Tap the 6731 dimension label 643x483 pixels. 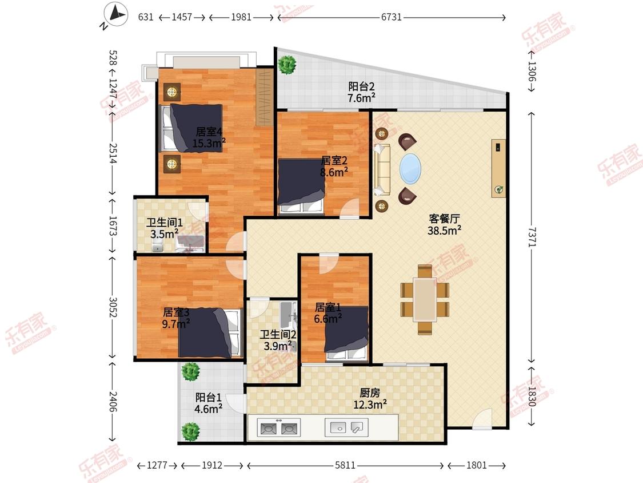click(391, 17)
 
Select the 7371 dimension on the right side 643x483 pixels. click(532, 237)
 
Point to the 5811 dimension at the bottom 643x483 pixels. click(345, 465)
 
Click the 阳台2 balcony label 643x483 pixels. click(361, 86)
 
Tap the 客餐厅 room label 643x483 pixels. click(444, 219)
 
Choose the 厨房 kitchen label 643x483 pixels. click(370, 393)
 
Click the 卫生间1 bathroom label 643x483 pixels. click(165, 223)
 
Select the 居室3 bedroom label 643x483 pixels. click(176, 312)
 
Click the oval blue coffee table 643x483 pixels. click(410, 168)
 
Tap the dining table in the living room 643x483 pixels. click(425, 299)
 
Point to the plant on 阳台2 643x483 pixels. click(287, 64)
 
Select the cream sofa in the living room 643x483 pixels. click(382, 169)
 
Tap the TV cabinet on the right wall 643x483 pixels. click(498, 168)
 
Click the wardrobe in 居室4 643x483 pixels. click(265, 97)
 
